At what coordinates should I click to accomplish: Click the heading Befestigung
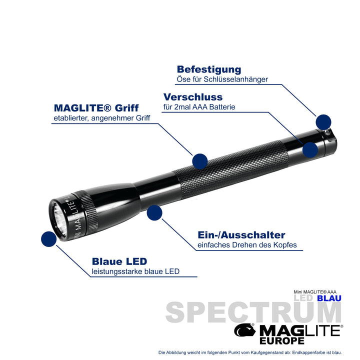pos(208,69)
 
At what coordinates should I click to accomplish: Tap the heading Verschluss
pos(192,97)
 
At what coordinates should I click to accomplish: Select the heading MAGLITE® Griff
pos(96,108)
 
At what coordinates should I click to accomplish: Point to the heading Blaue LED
pos(119,261)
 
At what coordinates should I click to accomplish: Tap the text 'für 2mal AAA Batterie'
pos(198,106)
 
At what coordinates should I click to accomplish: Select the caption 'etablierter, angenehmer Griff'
pos(101,118)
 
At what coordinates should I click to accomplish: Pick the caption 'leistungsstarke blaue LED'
pos(135,272)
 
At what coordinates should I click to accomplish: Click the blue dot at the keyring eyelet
pos(323,121)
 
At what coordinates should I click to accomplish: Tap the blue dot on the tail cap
pos(310,149)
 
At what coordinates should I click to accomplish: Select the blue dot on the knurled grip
pos(200,160)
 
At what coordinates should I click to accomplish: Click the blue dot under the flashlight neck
pos(154,212)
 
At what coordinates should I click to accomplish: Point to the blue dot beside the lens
pos(48,239)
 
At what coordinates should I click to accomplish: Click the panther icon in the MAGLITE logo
pos(245,330)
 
